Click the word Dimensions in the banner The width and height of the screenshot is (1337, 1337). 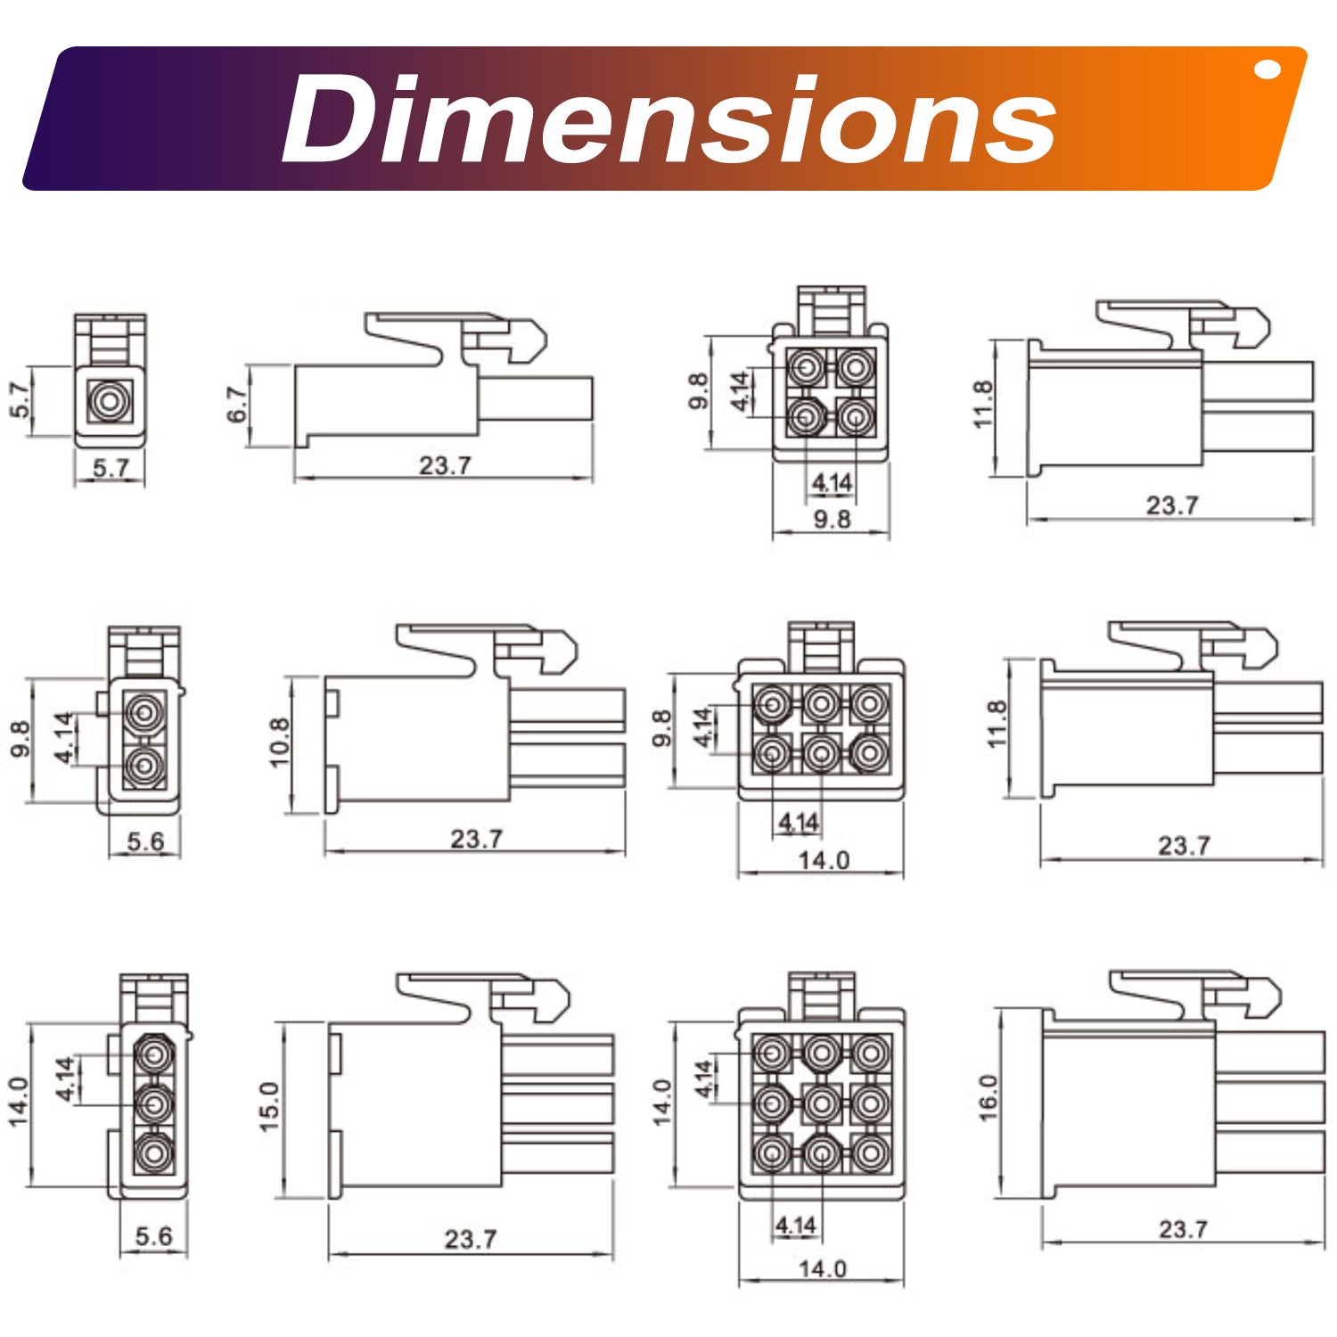[x=668, y=119]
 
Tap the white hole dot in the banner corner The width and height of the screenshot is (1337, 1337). [x=1267, y=70]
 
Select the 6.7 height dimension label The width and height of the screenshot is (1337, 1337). [x=236, y=405]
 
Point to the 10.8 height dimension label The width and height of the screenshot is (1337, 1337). [x=279, y=742]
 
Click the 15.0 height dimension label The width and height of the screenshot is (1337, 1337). [x=269, y=1107]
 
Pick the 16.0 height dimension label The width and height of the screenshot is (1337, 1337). [x=988, y=1097]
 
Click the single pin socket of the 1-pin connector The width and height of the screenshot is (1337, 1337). [x=110, y=401]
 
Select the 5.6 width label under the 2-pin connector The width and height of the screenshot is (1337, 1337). [x=145, y=841]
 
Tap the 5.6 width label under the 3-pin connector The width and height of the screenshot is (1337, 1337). [x=153, y=1236]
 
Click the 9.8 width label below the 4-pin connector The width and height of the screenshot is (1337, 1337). [x=832, y=519]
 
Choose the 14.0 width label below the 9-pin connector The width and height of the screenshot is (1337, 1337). [x=822, y=1268]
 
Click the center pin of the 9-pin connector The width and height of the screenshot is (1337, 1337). [x=821, y=1104]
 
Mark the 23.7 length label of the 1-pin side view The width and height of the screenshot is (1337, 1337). [x=445, y=465]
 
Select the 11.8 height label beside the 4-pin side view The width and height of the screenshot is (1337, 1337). [x=982, y=404]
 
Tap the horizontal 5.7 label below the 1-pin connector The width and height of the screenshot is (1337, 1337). [x=111, y=468]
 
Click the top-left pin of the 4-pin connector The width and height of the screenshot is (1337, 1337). [x=807, y=366]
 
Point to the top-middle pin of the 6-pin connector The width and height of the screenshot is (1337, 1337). [x=821, y=705]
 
